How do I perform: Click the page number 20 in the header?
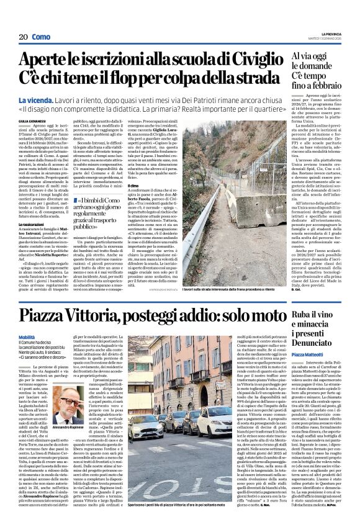24,37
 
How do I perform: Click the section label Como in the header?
42,37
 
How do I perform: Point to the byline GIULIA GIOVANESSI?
33,121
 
